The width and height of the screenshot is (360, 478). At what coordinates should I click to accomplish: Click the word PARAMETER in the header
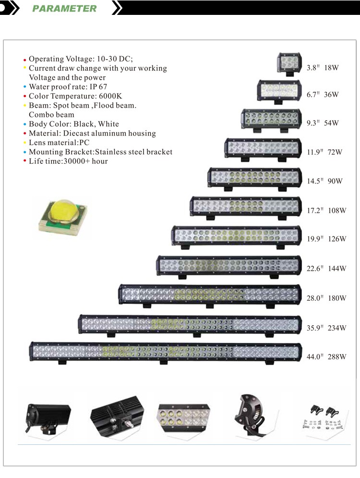click(x=64, y=8)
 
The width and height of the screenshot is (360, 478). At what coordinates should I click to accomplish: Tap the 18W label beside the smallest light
click(x=331, y=68)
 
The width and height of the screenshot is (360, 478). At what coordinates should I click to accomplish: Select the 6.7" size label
click(x=313, y=95)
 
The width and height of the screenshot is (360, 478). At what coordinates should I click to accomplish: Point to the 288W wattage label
click(x=337, y=356)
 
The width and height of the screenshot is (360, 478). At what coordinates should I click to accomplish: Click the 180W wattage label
click(x=337, y=298)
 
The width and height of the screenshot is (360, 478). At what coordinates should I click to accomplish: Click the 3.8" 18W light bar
click(x=289, y=62)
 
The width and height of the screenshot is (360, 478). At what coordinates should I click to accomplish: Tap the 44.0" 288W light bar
click(x=166, y=353)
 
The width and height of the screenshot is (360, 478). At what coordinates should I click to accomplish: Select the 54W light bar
click(x=271, y=120)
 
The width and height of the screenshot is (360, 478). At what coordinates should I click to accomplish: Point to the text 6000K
click(x=110, y=96)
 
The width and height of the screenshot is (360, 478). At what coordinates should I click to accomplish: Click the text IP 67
click(x=98, y=87)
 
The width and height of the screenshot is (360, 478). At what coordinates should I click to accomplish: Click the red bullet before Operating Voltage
click(x=25, y=60)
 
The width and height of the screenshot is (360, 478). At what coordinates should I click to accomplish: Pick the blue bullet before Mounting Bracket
click(x=25, y=152)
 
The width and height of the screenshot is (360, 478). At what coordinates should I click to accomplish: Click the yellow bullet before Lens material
click(x=25, y=143)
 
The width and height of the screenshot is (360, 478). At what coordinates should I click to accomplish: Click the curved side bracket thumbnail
click(x=251, y=413)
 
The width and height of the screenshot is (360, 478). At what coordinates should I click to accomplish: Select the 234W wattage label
click(x=337, y=328)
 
